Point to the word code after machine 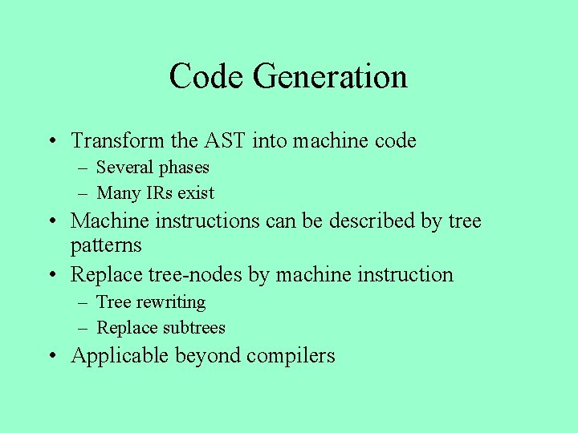click(395, 141)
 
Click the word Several click(124, 168)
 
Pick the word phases click(184, 168)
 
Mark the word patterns click(106, 245)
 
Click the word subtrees click(194, 328)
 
